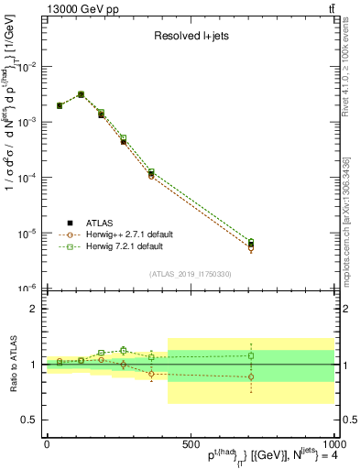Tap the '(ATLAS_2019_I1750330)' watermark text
tap(191, 273)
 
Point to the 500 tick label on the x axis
tap(190, 443)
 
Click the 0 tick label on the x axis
tap(46, 443)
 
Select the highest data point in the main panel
tap(81, 94)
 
